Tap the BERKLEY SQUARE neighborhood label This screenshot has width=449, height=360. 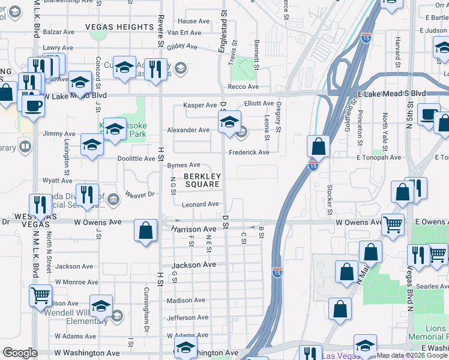click(202, 180)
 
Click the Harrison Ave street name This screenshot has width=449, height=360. click(193, 229)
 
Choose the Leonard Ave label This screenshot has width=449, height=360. click(200, 204)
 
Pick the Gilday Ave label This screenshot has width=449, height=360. click(182, 46)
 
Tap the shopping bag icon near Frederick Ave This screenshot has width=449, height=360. click(318, 146)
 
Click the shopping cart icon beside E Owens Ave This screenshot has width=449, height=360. click(393, 224)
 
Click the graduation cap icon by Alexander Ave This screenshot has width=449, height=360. click(229, 123)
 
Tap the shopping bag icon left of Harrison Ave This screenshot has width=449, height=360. click(146, 230)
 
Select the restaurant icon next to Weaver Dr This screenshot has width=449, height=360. click(88, 194)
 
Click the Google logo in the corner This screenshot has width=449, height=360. click(20, 353)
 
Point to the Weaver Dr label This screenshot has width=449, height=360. click(140, 194)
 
